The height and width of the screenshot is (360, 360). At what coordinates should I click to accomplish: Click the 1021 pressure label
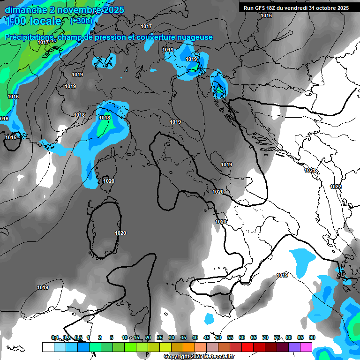point(310,170)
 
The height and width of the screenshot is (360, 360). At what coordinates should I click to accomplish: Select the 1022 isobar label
point(336,187)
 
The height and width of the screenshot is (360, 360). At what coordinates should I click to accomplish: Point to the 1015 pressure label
point(11,137)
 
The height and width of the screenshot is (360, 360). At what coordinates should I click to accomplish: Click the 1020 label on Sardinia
point(120,233)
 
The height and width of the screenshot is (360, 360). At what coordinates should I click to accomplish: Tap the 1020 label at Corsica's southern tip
point(109,181)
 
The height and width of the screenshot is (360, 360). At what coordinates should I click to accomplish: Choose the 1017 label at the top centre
point(146,26)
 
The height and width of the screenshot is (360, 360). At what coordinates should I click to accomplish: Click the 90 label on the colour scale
point(312,337)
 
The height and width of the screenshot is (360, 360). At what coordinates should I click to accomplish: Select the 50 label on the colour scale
point(218,337)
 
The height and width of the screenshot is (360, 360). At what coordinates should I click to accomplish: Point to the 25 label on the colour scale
point(160,337)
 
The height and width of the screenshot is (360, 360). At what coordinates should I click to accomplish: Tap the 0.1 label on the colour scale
point(55,337)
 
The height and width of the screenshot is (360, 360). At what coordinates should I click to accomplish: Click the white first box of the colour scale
point(48,347)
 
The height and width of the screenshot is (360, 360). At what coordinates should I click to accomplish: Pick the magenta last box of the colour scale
point(306,347)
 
